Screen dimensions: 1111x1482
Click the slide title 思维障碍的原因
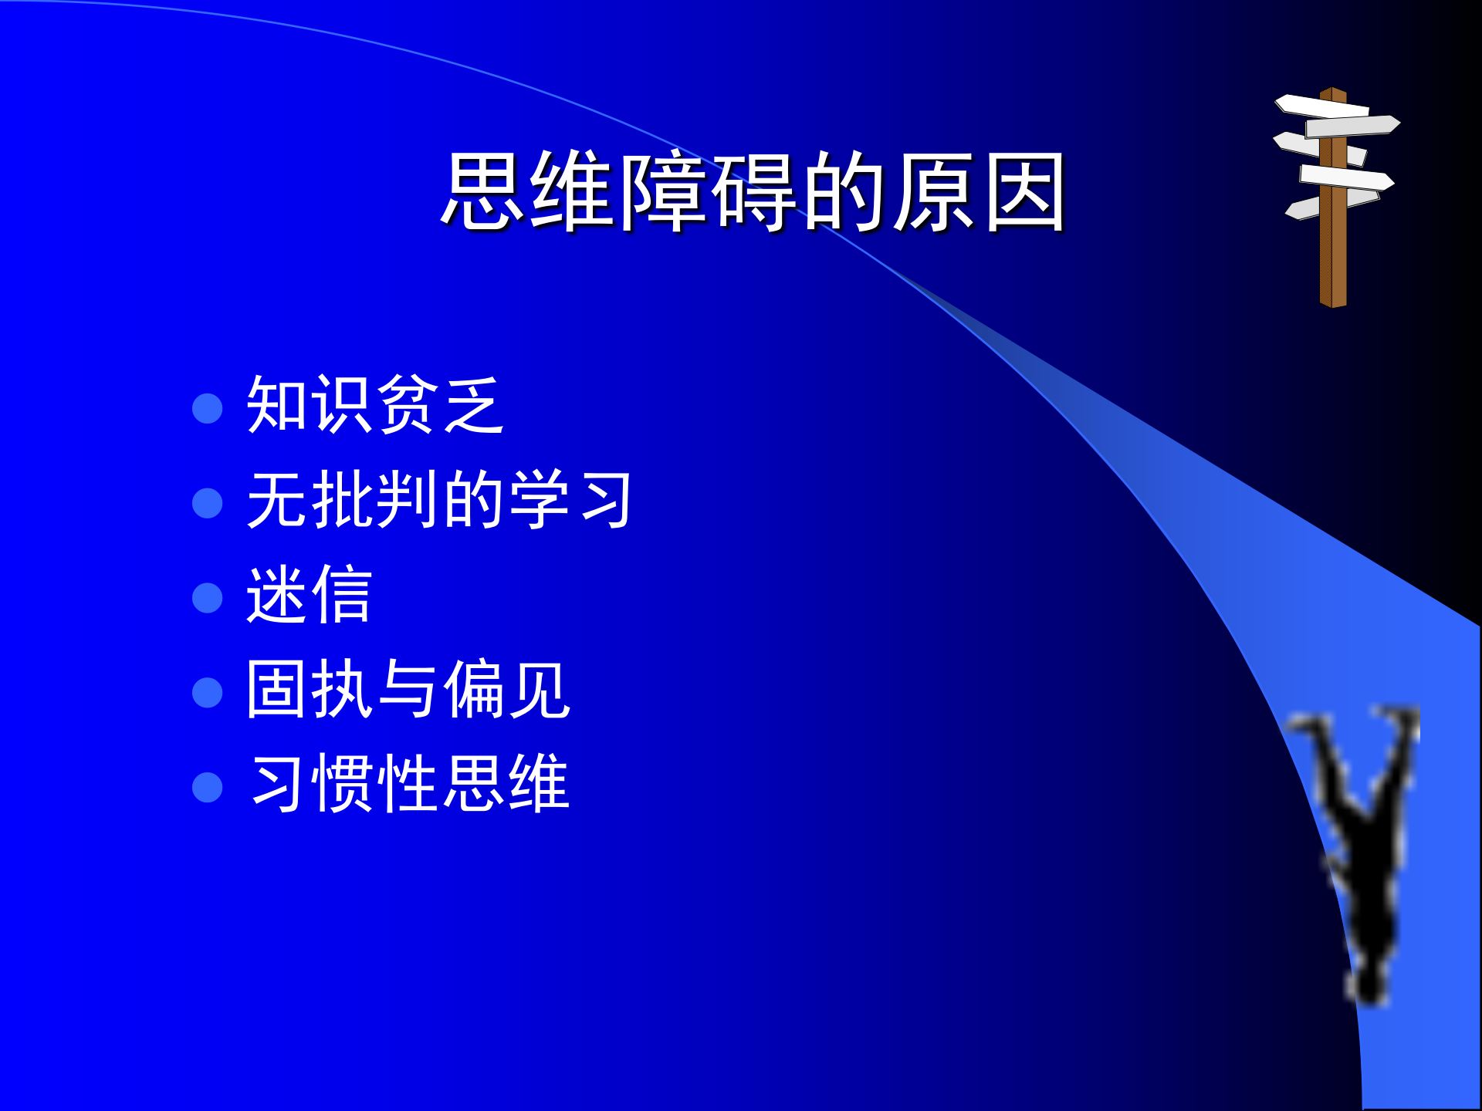(753, 191)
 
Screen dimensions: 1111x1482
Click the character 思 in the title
(484, 191)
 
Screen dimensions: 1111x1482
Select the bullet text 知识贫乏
(375, 405)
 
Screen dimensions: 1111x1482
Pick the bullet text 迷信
(309, 595)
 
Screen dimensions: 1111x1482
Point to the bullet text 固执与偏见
(408, 690)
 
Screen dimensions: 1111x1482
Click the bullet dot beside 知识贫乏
(207, 408)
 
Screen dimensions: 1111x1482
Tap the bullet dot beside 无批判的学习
(207, 503)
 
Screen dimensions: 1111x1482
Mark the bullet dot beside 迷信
(207, 598)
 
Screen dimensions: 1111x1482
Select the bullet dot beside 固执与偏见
(207, 693)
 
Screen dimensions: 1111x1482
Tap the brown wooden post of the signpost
(1333, 255)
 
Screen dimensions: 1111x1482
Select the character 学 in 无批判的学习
(539, 500)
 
